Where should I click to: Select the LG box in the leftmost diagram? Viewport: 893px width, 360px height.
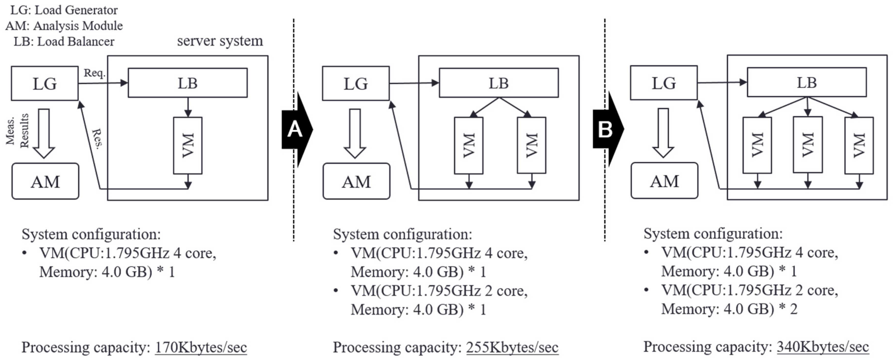point(45,83)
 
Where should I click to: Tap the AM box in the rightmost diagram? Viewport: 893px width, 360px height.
point(664,181)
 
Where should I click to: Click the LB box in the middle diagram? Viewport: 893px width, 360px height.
point(499,83)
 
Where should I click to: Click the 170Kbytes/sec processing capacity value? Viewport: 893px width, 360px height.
point(201,347)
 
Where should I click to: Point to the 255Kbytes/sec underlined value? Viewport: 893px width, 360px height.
point(512,347)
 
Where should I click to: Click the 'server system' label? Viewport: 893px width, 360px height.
point(220,41)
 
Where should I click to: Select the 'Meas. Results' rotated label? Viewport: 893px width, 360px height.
point(17,131)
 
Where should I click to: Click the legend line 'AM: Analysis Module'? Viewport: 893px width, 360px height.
point(64,26)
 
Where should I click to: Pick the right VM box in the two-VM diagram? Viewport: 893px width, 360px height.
point(531,145)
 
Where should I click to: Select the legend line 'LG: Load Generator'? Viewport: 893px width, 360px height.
point(64,10)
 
